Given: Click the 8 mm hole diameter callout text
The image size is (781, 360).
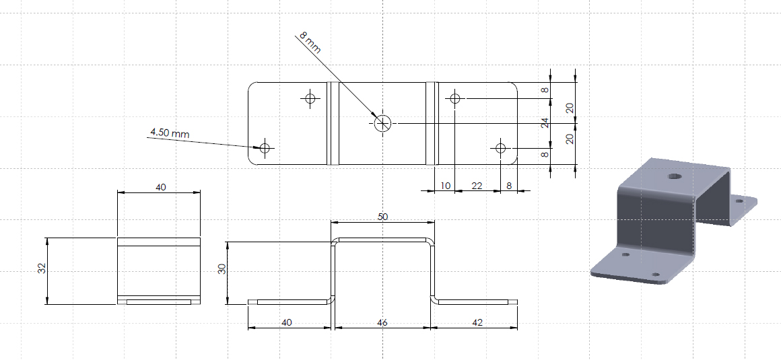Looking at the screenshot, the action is pyautogui.click(x=310, y=43).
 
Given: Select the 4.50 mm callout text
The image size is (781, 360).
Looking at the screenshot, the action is pyautogui.click(x=170, y=133).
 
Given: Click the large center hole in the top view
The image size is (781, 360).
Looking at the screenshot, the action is pyautogui.click(x=383, y=122).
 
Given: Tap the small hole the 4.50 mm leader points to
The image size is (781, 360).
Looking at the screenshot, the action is pyautogui.click(x=265, y=148).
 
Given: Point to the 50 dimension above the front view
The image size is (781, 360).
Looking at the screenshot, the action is pyautogui.click(x=382, y=217).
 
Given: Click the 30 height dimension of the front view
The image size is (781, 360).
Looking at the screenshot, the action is pyautogui.click(x=223, y=268).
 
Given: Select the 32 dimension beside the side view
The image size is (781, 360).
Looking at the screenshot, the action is pyautogui.click(x=42, y=268).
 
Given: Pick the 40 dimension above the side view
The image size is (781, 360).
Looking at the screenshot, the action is pyautogui.click(x=161, y=187).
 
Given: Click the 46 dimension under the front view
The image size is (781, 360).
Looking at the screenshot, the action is pyautogui.click(x=382, y=323).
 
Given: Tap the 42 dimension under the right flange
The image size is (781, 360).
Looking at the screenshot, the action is pyautogui.click(x=477, y=323).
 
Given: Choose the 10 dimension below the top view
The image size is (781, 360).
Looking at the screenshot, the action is pyautogui.click(x=446, y=186).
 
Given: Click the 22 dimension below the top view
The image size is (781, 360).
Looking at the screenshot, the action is pyautogui.click(x=477, y=186).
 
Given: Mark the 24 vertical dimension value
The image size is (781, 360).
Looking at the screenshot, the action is pyautogui.click(x=545, y=123).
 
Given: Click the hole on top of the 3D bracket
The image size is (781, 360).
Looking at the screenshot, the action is pyautogui.click(x=675, y=176).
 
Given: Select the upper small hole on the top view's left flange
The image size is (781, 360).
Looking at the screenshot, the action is pyautogui.click(x=310, y=98).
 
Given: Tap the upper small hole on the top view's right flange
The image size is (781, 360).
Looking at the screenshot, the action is pyautogui.click(x=454, y=98).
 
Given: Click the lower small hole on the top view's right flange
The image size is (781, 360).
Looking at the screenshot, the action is pyautogui.click(x=500, y=148).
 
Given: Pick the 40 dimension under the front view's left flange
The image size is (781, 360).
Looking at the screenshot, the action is pyautogui.click(x=287, y=323).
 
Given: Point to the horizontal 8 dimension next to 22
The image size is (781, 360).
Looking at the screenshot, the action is pyautogui.click(x=509, y=186).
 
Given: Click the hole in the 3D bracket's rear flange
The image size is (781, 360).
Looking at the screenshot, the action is pyautogui.click(x=739, y=201).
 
